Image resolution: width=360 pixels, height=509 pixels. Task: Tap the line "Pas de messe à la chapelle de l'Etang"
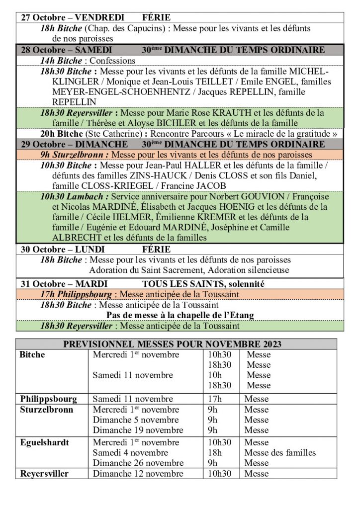[x=180, y=315]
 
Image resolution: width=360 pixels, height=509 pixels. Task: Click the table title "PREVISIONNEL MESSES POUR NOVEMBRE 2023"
[x=172, y=344]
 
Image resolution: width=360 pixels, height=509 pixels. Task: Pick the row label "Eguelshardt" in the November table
[x=45, y=442]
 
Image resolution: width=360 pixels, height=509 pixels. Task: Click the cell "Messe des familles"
[x=280, y=453]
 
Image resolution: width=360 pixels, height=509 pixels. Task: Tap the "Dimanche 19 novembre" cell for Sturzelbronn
[x=138, y=430]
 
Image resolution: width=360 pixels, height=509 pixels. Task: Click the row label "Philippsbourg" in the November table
[x=49, y=399]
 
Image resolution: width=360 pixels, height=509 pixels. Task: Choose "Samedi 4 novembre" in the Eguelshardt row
[x=130, y=453]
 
